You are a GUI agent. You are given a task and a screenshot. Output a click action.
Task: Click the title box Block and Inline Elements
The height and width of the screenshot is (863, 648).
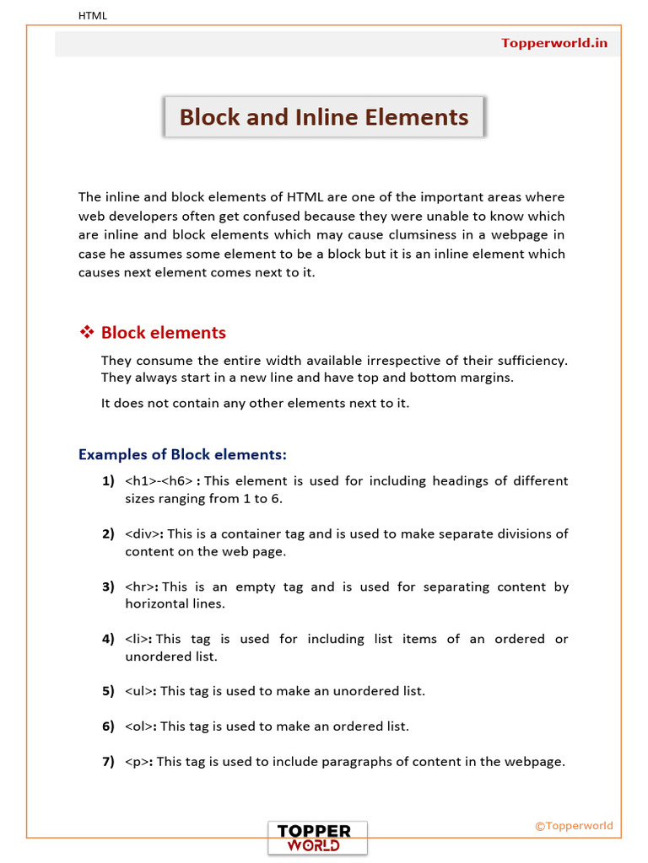(x=324, y=117)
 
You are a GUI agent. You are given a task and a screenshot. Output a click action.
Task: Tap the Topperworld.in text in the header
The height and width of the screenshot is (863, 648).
(x=553, y=43)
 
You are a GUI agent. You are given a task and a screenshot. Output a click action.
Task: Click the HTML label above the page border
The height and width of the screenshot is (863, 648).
(x=93, y=15)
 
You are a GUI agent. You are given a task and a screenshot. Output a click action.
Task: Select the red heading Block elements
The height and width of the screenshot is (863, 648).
(x=163, y=333)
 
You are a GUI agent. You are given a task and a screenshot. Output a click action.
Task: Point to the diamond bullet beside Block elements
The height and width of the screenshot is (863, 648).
(x=86, y=333)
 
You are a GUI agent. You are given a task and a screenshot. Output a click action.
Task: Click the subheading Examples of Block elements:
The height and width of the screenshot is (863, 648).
(x=182, y=455)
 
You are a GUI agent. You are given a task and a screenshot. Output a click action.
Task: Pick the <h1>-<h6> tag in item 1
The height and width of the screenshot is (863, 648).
(x=160, y=481)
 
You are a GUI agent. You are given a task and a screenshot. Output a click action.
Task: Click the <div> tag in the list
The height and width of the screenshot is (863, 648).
(x=143, y=533)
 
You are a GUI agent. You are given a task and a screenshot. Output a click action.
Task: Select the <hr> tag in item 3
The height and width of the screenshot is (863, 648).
(x=141, y=587)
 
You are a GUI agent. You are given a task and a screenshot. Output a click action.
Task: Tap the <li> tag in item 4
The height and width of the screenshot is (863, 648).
(x=138, y=639)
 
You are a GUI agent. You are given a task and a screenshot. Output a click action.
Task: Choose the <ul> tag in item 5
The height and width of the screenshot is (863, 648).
(x=139, y=691)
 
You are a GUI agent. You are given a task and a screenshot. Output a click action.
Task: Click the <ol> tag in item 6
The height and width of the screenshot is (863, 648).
(x=139, y=726)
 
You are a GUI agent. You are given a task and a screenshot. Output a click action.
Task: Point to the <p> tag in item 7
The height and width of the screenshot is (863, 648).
(x=138, y=762)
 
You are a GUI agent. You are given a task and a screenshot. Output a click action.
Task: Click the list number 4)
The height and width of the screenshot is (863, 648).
(x=108, y=639)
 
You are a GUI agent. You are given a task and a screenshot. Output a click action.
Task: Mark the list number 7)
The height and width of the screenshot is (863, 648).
(x=108, y=762)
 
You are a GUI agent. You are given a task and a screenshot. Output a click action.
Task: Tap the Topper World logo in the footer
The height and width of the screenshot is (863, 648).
(x=317, y=838)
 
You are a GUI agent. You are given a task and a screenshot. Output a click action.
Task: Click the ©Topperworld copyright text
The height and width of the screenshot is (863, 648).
(x=574, y=826)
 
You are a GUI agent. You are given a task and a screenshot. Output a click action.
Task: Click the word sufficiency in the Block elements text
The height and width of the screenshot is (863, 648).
(x=528, y=361)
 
